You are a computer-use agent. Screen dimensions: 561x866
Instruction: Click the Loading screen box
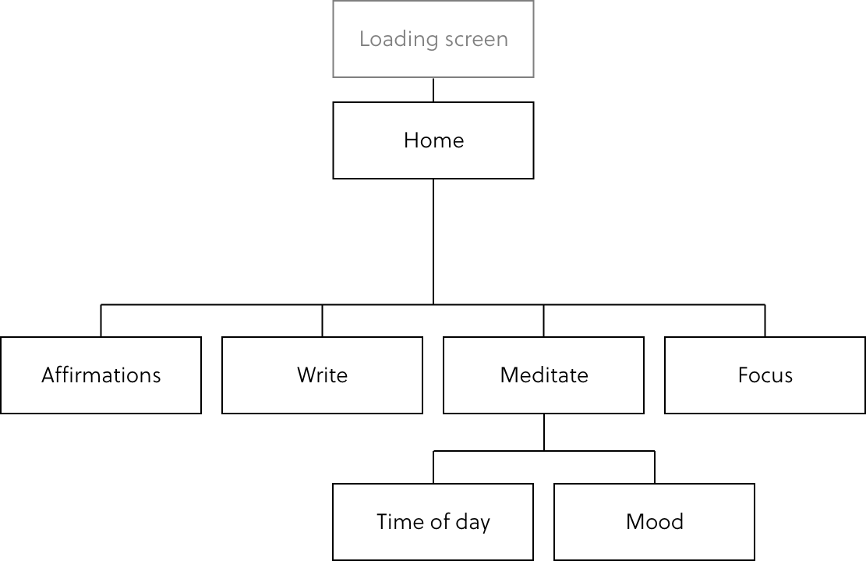[433, 39]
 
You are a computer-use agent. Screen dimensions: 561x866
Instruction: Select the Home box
[433, 140]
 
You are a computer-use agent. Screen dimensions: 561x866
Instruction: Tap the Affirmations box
[101, 375]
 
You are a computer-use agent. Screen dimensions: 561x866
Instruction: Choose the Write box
[322, 375]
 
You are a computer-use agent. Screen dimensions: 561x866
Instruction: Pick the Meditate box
[543, 375]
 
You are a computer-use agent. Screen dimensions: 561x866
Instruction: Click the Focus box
[765, 375]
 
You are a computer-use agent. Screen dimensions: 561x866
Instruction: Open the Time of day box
[433, 521]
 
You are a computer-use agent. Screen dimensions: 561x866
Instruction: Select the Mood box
[654, 521]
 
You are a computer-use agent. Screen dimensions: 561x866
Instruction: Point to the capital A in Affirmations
[48, 375]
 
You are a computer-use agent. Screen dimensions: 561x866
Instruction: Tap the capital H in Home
[411, 140]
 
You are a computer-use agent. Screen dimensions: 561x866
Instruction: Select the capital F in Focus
[743, 375]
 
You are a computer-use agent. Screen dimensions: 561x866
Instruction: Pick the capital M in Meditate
[509, 375]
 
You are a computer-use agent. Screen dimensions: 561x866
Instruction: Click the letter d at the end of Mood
[677, 521]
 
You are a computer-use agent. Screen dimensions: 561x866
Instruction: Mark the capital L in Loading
[364, 40]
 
